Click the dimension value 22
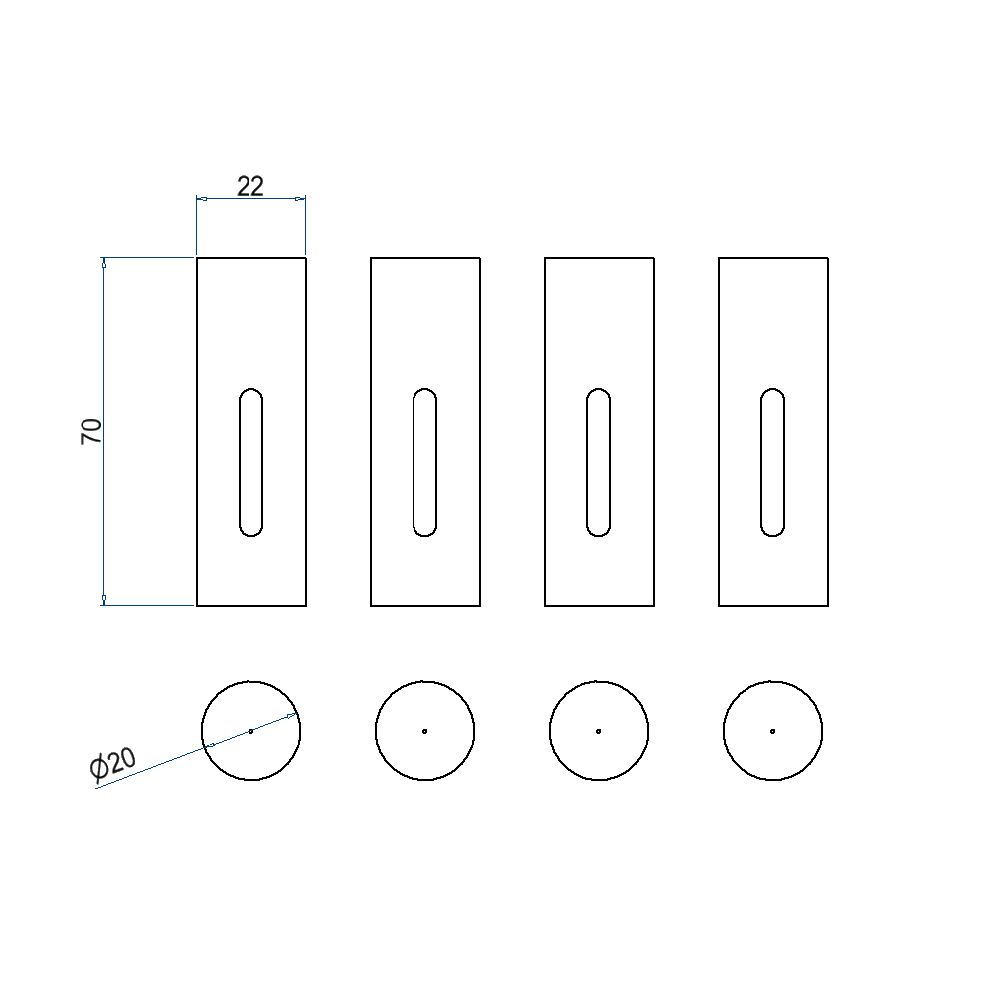pyautogui.click(x=250, y=186)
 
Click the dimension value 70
pyautogui.click(x=91, y=431)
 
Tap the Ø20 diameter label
pyautogui.click(x=112, y=766)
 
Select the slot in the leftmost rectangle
pyautogui.click(x=251, y=462)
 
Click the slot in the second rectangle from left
pyautogui.click(x=425, y=462)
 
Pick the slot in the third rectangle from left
pyautogui.click(x=599, y=462)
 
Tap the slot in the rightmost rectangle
pyautogui.click(x=773, y=462)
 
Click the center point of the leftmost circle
pyautogui.click(x=251, y=731)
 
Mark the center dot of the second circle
pyautogui.click(x=425, y=731)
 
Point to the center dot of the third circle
pyautogui.click(x=599, y=731)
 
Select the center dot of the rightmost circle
pyautogui.click(x=773, y=731)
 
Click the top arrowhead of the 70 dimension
pyautogui.click(x=104, y=263)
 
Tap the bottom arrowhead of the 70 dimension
pyautogui.click(x=104, y=600)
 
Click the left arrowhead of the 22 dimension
pyautogui.click(x=201, y=199)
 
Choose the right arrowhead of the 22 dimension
pyautogui.click(x=301, y=199)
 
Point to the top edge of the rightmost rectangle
pyautogui.click(x=773, y=258)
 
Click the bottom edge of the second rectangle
pyautogui.click(x=425, y=605)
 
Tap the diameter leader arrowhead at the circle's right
pyautogui.click(x=292, y=715)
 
